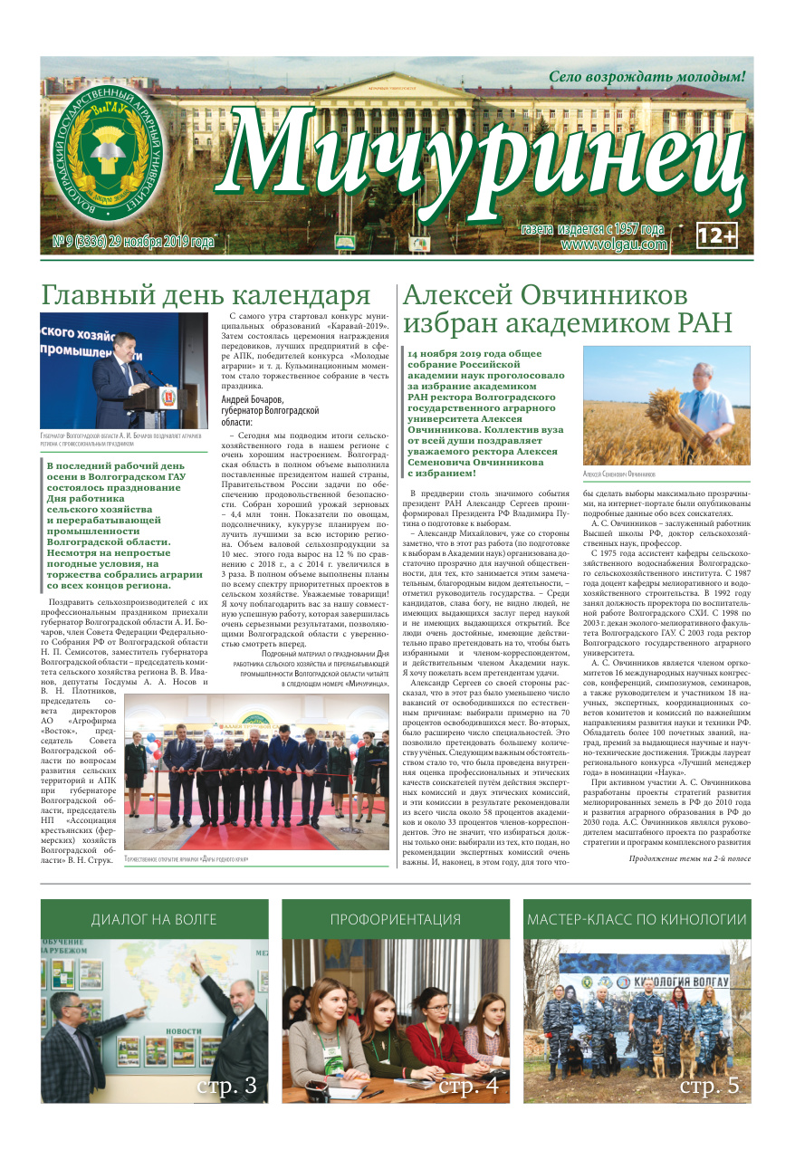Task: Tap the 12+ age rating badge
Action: click(x=717, y=235)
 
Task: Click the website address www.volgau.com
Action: click(x=614, y=244)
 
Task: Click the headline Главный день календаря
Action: click(x=206, y=295)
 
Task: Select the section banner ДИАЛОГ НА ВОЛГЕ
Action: click(x=154, y=920)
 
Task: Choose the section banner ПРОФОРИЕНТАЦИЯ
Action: click(x=395, y=920)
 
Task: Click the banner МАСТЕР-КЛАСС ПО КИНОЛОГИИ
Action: click(x=637, y=920)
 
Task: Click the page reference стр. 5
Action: click(x=709, y=1085)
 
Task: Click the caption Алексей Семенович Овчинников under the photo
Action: click(x=620, y=474)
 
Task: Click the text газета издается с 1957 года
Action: click(x=593, y=230)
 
